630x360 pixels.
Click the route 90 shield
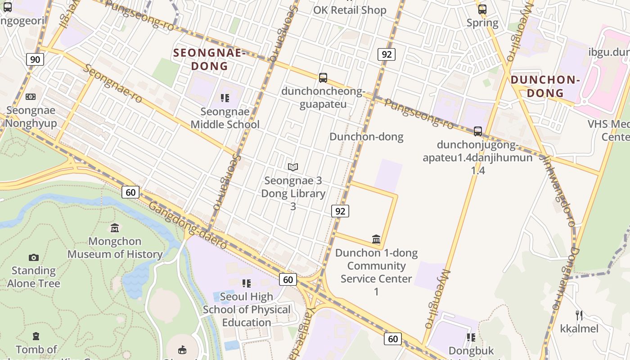[x=35, y=59]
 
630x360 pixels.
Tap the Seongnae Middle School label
[x=225, y=118]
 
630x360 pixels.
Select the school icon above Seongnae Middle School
[x=225, y=98]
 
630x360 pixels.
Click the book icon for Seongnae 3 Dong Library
[x=293, y=167]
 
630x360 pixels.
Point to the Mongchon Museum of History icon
[x=115, y=228]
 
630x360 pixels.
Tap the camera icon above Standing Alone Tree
[x=33, y=257]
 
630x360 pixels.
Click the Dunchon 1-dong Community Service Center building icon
[x=376, y=239]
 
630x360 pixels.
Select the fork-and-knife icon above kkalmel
[x=579, y=315]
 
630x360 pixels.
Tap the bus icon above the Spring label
[x=482, y=9]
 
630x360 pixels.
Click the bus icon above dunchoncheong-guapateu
[x=323, y=77]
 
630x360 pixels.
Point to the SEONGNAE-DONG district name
[x=209, y=59]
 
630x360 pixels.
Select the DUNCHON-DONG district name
[x=545, y=86]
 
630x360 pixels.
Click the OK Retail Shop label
[x=350, y=10]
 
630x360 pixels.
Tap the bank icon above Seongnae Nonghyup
[x=31, y=97]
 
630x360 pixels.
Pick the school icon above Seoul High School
[x=247, y=283]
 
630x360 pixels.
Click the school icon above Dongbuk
[x=471, y=337]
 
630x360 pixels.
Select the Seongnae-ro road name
[x=113, y=83]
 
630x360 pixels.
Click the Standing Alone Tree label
[x=33, y=277]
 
